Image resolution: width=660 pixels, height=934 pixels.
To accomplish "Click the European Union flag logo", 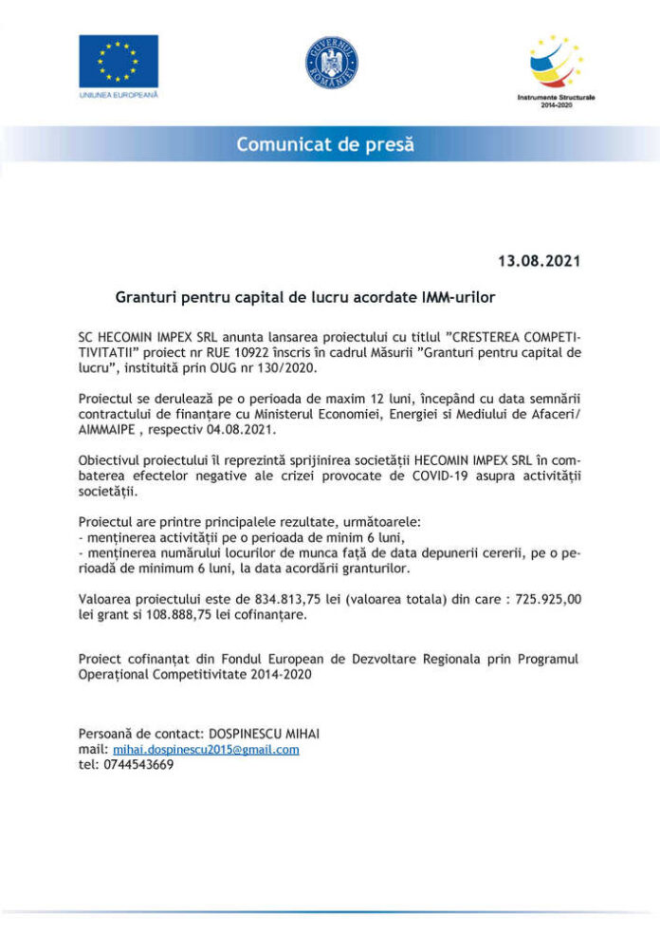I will [x=119, y=60].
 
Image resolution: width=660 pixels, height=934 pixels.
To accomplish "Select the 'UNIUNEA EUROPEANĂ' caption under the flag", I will [x=119, y=97].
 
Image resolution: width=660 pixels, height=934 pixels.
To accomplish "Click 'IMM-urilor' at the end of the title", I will [x=455, y=297].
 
